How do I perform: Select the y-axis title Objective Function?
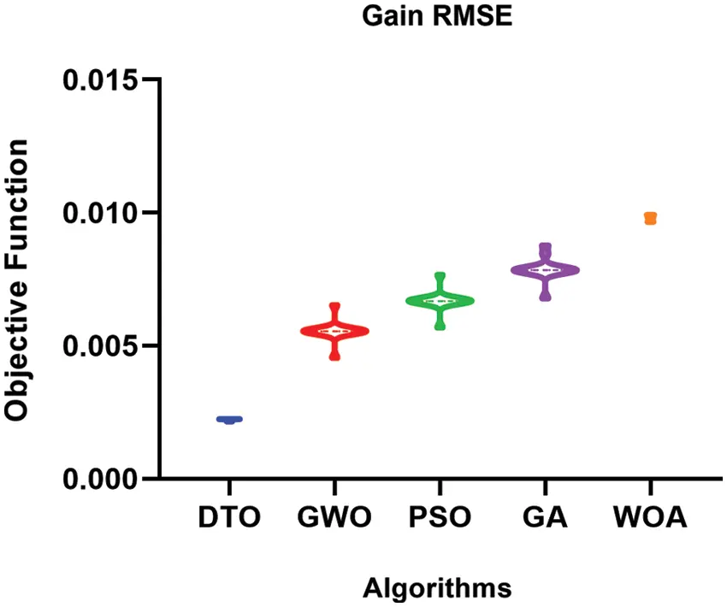[x=17, y=279]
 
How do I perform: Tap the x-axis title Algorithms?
[x=437, y=588]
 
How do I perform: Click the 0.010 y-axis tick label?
[x=100, y=213]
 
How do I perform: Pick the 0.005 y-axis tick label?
[x=100, y=346]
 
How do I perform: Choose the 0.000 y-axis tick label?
[x=100, y=479]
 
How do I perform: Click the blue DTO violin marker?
[x=229, y=420]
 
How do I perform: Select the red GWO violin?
[x=334, y=332]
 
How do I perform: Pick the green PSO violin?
[x=440, y=301]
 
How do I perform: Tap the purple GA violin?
[x=545, y=270]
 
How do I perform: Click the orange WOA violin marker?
[x=651, y=218]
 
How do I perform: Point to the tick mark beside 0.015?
[x=151, y=80]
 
